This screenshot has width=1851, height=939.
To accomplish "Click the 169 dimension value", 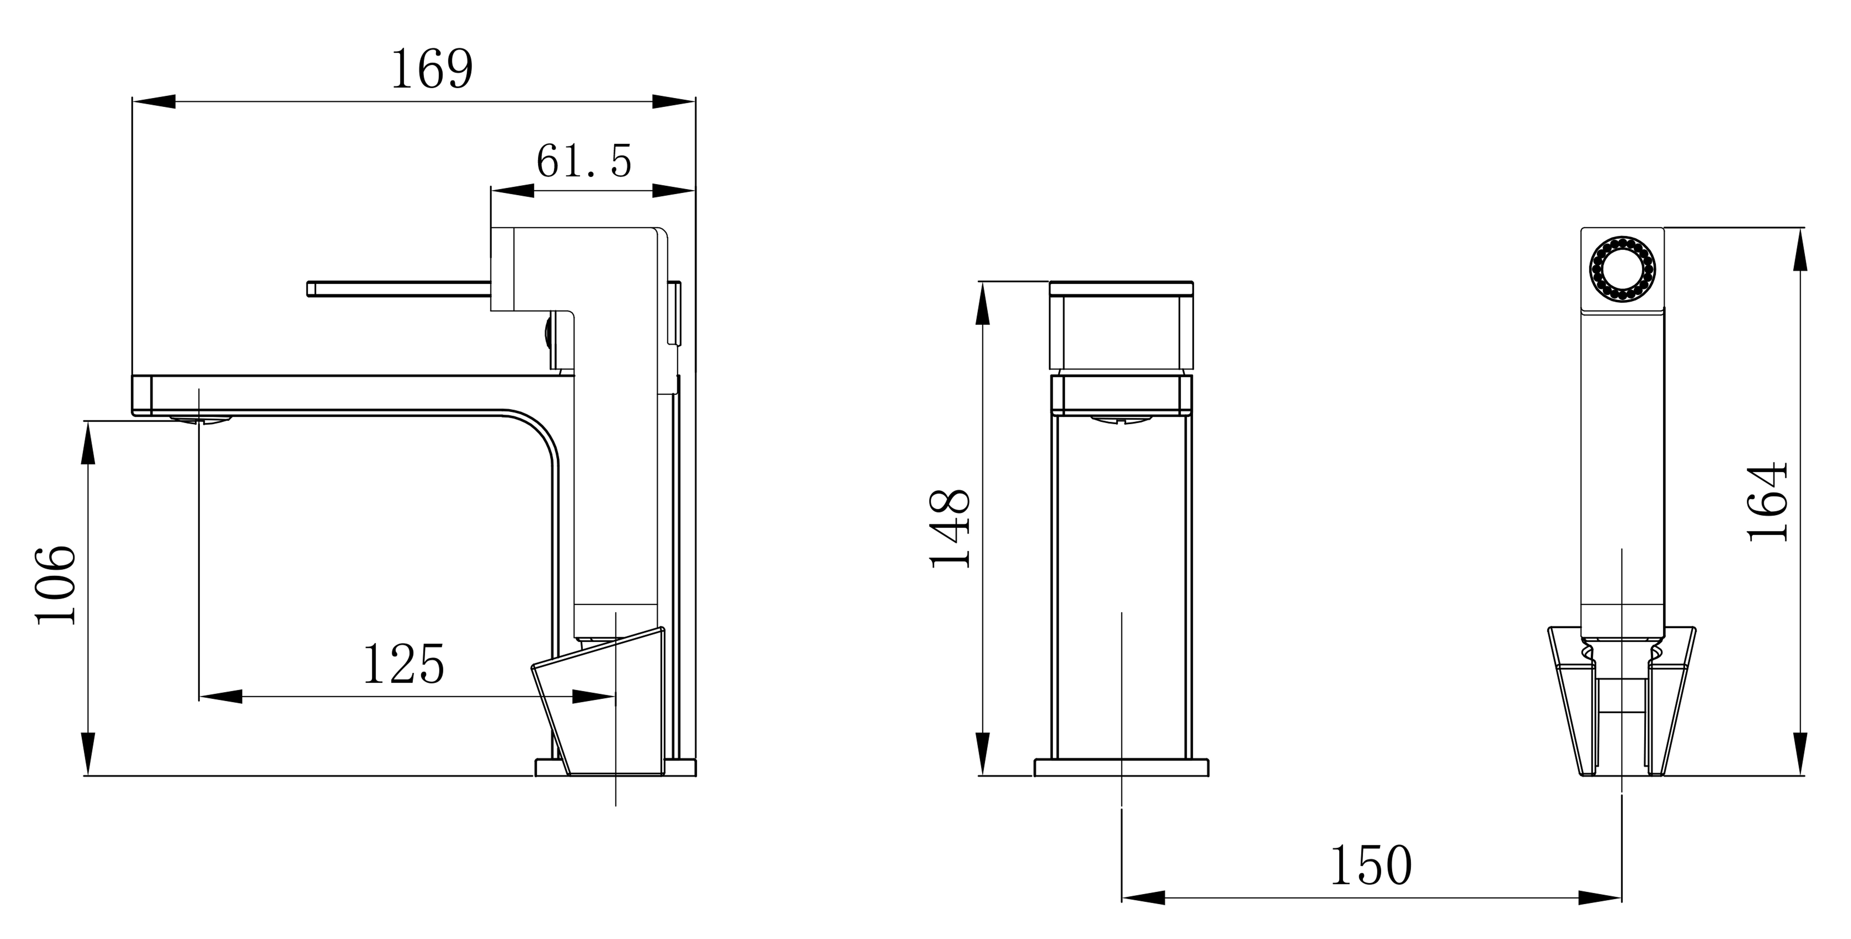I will (x=432, y=70).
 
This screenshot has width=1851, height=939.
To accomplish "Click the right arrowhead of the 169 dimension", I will (x=674, y=101).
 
